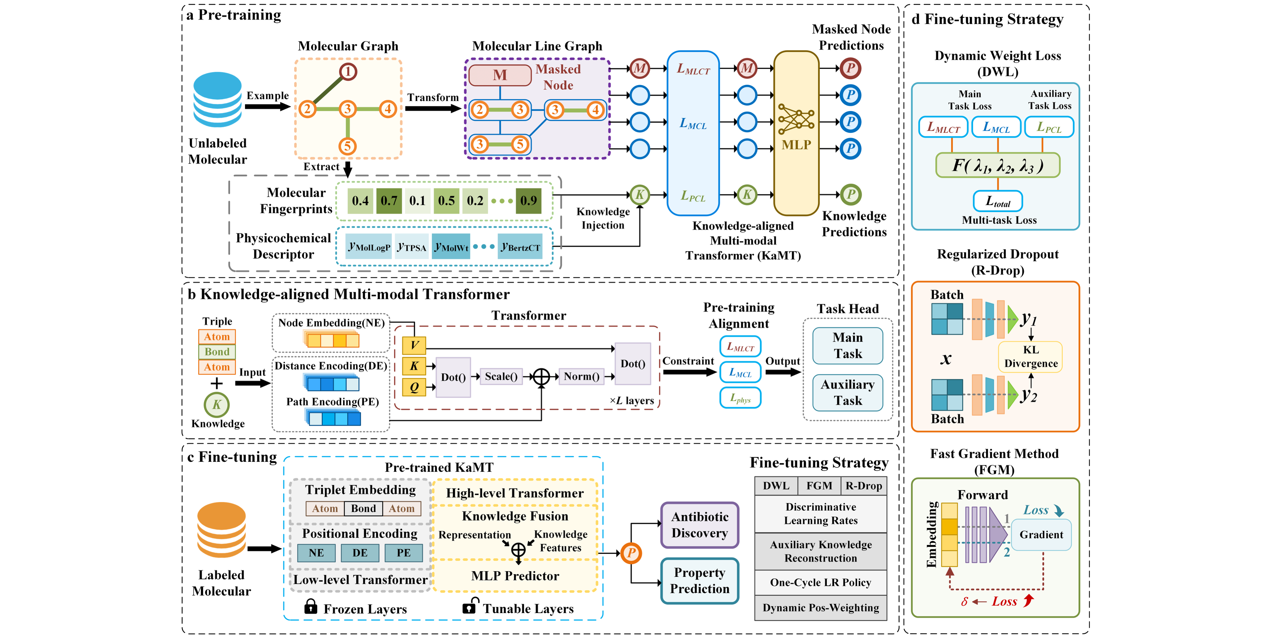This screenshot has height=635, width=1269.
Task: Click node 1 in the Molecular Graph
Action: [348, 72]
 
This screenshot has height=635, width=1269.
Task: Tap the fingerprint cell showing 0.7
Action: [389, 200]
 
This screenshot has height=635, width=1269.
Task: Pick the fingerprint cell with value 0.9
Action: [529, 200]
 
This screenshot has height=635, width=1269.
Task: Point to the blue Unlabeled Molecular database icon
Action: [217, 100]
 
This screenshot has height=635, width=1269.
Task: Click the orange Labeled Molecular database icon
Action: [221, 530]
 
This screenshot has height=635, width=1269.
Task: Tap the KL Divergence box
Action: [1031, 357]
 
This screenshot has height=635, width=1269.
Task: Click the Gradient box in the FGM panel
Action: [1041, 535]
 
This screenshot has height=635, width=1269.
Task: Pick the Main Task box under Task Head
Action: [847, 346]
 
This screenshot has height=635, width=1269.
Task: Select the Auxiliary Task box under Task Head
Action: [847, 392]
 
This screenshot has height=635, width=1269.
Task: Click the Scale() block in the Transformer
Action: [501, 376]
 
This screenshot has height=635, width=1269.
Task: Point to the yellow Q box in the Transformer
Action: [414, 387]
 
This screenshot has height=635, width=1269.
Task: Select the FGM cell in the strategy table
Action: [819, 486]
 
